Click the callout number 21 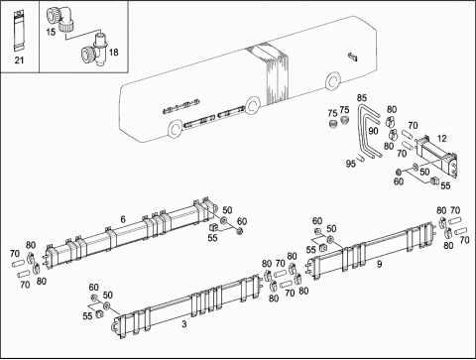pos(19,60)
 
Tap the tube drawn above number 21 pos(19,31)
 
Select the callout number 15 pos(51,32)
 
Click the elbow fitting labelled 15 pos(62,19)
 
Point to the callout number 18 pos(113,53)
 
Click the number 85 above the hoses pos(362,98)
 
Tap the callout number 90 pos(373,131)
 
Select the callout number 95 pos(351,164)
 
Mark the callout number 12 pos(442,139)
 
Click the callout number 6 pos(123,219)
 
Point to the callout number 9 pos(380,264)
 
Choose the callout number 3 pos(184,324)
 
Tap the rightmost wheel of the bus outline pos(333,81)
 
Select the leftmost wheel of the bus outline pos(175,129)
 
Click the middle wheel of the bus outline pos(253,105)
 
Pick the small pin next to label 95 pos(360,159)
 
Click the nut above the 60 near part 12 pos(400,172)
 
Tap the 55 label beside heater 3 pos(87,316)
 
